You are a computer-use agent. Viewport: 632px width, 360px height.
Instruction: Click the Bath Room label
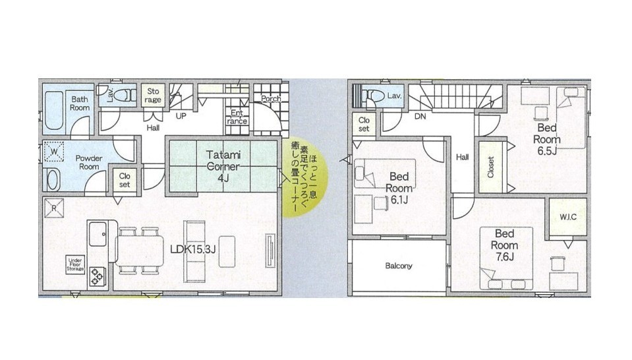[x=80, y=104]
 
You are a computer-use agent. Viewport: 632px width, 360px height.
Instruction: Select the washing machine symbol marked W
[x=53, y=152]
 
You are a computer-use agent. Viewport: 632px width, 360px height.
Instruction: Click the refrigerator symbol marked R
[x=54, y=208]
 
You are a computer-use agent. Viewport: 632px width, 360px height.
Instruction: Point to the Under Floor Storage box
[x=75, y=264]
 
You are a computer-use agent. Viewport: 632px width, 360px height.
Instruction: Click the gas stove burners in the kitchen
[x=98, y=276]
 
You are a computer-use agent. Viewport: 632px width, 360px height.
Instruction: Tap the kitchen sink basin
[x=98, y=234]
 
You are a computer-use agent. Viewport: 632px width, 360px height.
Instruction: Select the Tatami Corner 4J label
[x=223, y=166]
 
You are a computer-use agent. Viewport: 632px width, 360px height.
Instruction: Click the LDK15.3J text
[x=193, y=249]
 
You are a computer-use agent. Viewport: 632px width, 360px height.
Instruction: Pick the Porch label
[x=271, y=99]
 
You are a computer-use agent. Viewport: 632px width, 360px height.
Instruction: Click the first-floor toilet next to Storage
[x=126, y=96]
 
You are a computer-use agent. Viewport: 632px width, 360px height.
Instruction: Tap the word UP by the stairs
[x=181, y=116]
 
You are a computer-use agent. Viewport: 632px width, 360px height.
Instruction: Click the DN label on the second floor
[x=420, y=117]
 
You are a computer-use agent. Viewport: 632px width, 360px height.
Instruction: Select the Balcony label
[x=399, y=266]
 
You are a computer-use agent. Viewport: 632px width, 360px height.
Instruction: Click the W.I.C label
[x=568, y=218]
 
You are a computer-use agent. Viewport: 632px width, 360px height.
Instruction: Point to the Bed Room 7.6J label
[x=504, y=245]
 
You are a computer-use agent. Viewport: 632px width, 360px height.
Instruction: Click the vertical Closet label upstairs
[x=490, y=167]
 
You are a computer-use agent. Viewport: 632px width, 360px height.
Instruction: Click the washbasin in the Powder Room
[x=53, y=179]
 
